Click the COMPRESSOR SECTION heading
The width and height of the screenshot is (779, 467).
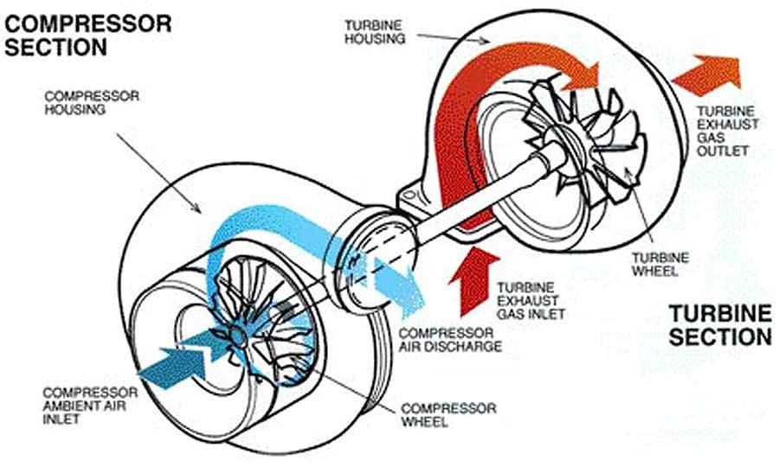coord(88,35)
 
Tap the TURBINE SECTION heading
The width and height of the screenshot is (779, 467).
coord(720,325)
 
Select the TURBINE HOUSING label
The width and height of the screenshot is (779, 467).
coord(375,32)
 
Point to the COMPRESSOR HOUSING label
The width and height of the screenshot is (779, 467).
coord(92,103)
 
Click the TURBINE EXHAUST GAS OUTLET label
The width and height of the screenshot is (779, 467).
coord(728,131)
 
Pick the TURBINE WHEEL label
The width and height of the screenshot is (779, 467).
coord(660,264)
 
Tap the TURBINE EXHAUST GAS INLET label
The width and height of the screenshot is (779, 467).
coord(531,301)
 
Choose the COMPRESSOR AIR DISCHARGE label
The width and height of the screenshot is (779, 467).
coord(450,340)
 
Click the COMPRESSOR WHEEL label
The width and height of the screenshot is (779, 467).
coord(448,415)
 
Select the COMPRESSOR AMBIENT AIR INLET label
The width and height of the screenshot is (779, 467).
coord(90,406)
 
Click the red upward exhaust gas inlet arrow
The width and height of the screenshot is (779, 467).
coord(472,280)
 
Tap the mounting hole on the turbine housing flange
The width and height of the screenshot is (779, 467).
coord(409,195)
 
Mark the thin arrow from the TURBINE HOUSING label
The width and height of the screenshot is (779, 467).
coord(454,39)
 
